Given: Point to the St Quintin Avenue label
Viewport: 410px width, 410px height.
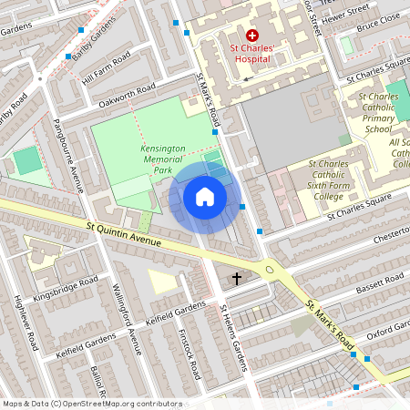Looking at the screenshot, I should coord(125,234).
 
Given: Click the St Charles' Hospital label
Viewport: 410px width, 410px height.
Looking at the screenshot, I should coord(252,54).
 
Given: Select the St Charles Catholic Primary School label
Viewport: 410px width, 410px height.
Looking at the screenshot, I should coord(377,113).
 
